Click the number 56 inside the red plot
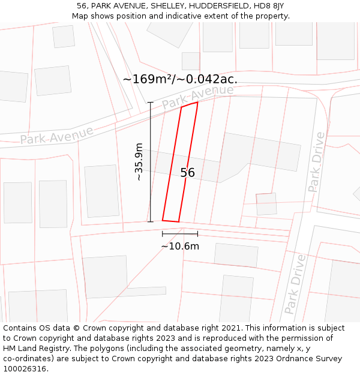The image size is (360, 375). click(188, 173)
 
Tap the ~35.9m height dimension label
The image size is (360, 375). click(139, 162)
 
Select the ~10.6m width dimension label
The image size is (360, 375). click(180, 245)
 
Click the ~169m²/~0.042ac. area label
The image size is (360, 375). click(180, 79)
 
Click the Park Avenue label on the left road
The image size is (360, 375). click(56, 135)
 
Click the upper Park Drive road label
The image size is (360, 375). click(316, 162)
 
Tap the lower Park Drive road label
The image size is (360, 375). click(295, 284)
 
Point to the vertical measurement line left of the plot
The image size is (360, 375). click(150, 162)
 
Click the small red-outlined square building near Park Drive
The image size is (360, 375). click(266, 204)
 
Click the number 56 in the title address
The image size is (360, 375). click(82, 5)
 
